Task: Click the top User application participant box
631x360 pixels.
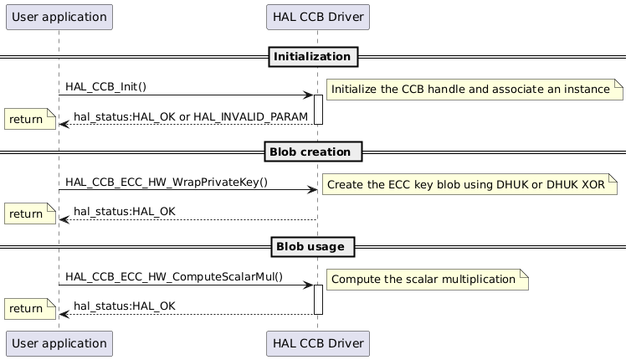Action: coord(59,17)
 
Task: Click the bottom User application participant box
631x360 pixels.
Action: coord(59,342)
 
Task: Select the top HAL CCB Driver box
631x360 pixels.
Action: coord(317,17)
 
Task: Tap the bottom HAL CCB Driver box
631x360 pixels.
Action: coord(317,342)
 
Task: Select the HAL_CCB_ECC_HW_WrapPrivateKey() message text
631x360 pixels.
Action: coord(167,182)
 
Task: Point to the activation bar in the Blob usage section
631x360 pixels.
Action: coord(318,300)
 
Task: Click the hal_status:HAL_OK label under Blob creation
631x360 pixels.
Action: coord(125,211)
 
